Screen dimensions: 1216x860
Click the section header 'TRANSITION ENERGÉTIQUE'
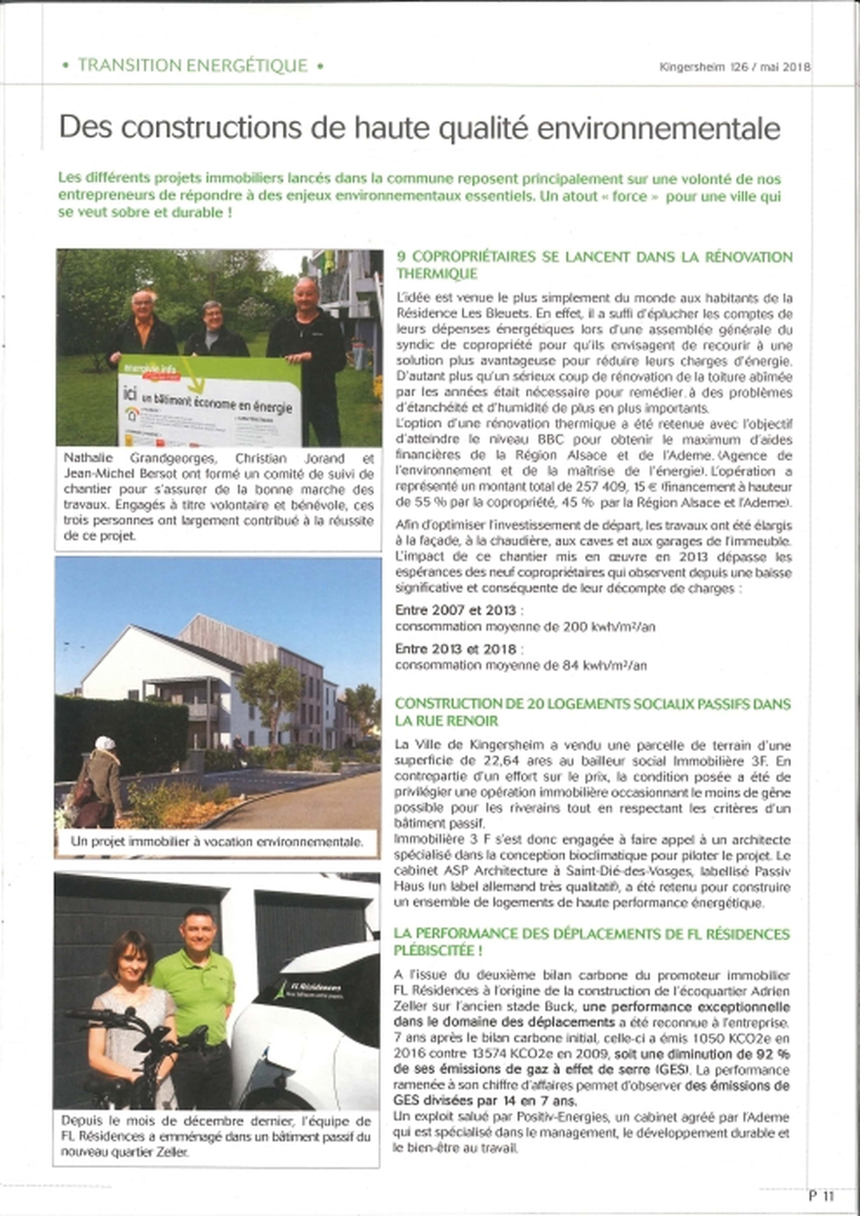193,66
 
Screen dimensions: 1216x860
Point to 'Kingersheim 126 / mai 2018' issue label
734,67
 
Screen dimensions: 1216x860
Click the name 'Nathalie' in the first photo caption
85,459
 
